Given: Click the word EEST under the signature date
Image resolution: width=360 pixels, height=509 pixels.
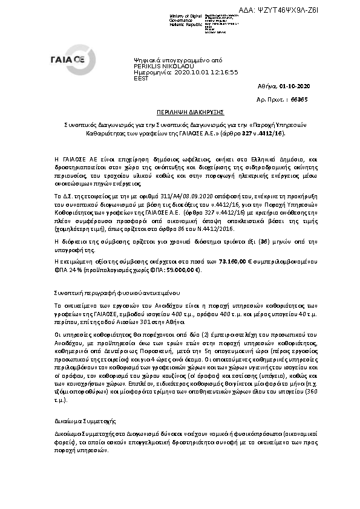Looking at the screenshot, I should click(x=140, y=77).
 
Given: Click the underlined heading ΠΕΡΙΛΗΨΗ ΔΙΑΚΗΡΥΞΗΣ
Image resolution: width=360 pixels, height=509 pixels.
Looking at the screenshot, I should click(x=180, y=112).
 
